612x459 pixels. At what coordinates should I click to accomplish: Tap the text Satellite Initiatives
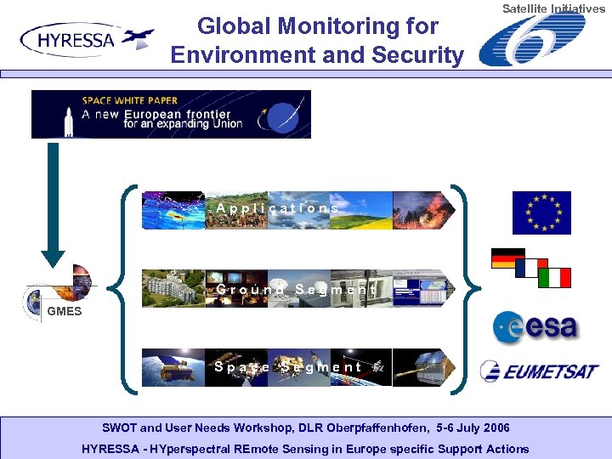pyautogui.click(x=553, y=8)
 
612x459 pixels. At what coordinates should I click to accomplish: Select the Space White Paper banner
pyautogui.click(x=171, y=114)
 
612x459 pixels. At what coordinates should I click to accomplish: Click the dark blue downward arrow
pyautogui.click(x=53, y=204)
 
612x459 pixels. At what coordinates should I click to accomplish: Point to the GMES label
pyautogui.click(x=65, y=311)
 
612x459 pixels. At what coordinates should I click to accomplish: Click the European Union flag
pyautogui.click(x=541, y=212)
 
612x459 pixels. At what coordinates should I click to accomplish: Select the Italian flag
pyautogui.click(x=554, y=278)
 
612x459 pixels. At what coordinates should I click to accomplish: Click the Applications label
pyautogui.click(x=277, y=208)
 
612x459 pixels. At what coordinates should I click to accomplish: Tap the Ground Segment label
pyautogui.click(x=295, y=290)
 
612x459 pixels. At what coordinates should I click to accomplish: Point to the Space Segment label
pyautogui.click(x=288, y=367)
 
